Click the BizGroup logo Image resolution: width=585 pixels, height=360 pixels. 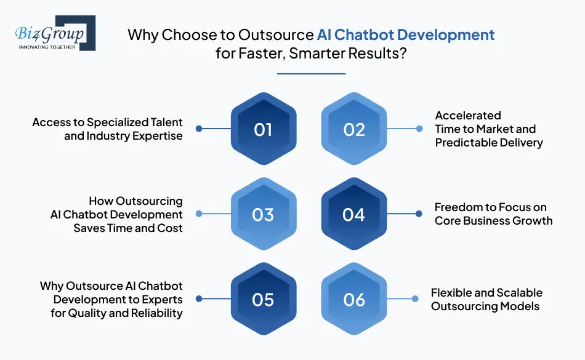(x=55, y=33)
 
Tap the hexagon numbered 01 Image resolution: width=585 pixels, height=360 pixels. (x=264, y=129)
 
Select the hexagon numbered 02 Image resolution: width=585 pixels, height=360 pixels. (x=354, y=129)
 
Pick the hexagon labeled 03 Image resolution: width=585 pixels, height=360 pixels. (x=264, y=214)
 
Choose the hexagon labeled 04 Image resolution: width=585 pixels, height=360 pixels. (x=354, y=214)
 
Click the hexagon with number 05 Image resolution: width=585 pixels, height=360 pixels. (x=264, y=298)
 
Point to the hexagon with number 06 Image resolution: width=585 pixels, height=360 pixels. (x=354, y=298)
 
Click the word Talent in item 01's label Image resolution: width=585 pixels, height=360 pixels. (x=166, y=122)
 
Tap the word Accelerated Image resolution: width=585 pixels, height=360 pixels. (x=468, y=115)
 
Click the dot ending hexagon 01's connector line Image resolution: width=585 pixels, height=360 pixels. (x=199, y=129)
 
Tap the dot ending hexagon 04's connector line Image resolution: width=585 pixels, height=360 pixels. (x=419, y=214)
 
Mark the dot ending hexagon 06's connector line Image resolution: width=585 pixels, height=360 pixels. (x=415, y=298)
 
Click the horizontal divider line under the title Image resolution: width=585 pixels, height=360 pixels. (x=311, y=74)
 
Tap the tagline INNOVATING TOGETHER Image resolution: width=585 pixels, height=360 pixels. (x=47, y=47)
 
